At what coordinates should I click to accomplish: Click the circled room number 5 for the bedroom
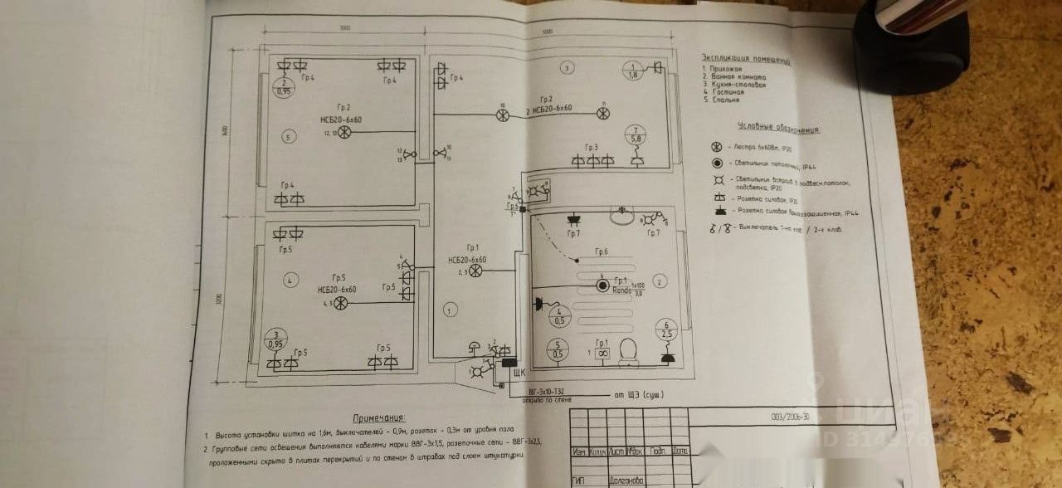[287, 135]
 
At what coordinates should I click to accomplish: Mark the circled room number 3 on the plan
[567, 66]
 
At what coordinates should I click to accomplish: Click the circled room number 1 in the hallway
[449, 310]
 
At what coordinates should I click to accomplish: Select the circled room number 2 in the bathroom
[660, 281]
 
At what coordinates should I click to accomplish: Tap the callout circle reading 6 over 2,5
[666, 329]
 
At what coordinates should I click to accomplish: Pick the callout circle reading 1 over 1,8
[632, 71]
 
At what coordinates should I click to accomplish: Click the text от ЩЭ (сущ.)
[639, 394]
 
